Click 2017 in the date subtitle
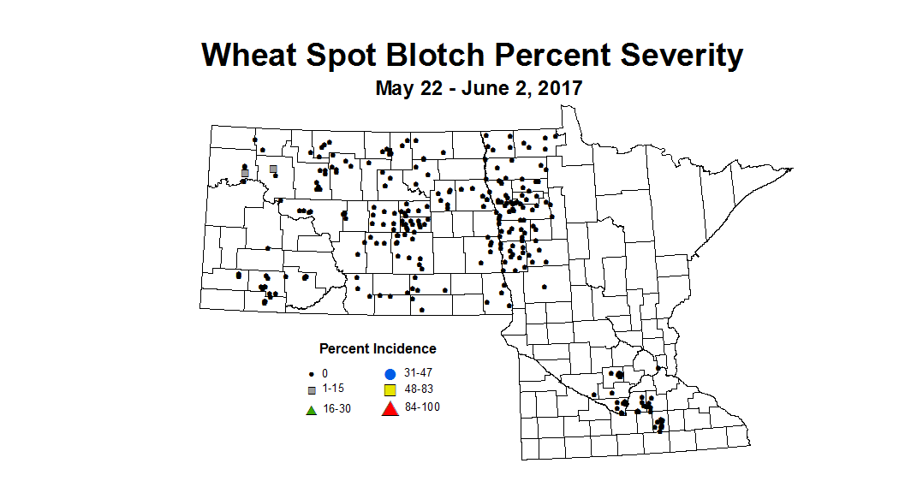pos(557,87)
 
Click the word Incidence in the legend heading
pos(404,349)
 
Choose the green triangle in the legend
pos(313,409)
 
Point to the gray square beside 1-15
pos(313,390)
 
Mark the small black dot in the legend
pos(313,374)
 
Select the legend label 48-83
pos(418,390)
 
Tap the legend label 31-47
pos(418,373)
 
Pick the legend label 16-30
pos(336,408)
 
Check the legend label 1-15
pos(334,390)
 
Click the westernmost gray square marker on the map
pos(245,173)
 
